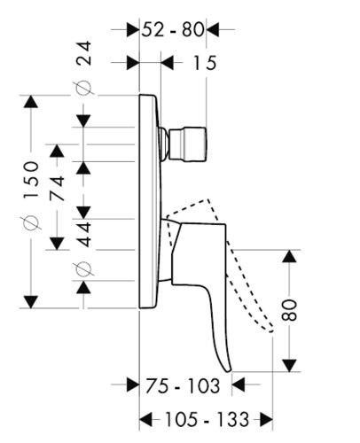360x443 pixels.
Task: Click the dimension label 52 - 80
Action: (173, 29)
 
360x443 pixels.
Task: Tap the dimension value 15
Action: (204, 63)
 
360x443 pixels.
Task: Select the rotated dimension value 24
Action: (83, 53)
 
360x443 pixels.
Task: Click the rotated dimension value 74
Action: (57, 188)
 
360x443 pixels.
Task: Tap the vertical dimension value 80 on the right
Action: (289, 310)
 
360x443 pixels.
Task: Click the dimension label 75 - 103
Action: (183, 385)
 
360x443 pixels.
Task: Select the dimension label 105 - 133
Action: (207, 419)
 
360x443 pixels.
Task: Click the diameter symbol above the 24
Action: (83, 88)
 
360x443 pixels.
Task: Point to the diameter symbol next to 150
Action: (31, 222)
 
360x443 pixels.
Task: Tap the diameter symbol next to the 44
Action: (83, 268)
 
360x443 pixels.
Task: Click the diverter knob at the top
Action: (184, 144)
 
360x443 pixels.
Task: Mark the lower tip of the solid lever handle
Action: (229, 371)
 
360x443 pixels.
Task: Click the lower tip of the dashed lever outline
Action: (271, 330)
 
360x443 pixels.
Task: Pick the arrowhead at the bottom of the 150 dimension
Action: (31, 301)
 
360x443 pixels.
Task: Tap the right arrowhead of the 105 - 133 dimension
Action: (266, 419)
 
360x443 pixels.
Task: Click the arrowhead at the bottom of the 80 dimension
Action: (289, 365)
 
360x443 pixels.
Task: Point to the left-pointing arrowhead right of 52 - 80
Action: (213, 29)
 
